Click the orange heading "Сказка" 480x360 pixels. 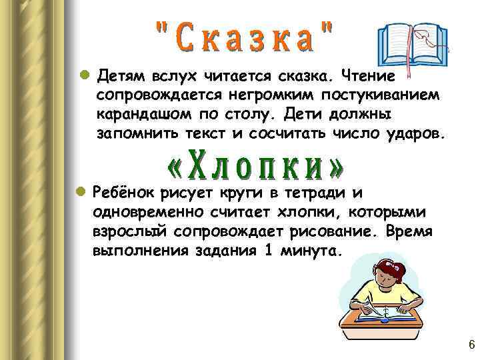[244, 37]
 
